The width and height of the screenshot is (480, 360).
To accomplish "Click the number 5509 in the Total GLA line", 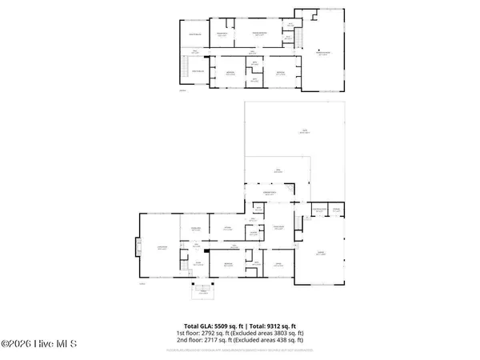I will click(x=227, y=326).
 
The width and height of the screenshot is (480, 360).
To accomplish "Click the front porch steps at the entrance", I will click(x=202, y=290).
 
